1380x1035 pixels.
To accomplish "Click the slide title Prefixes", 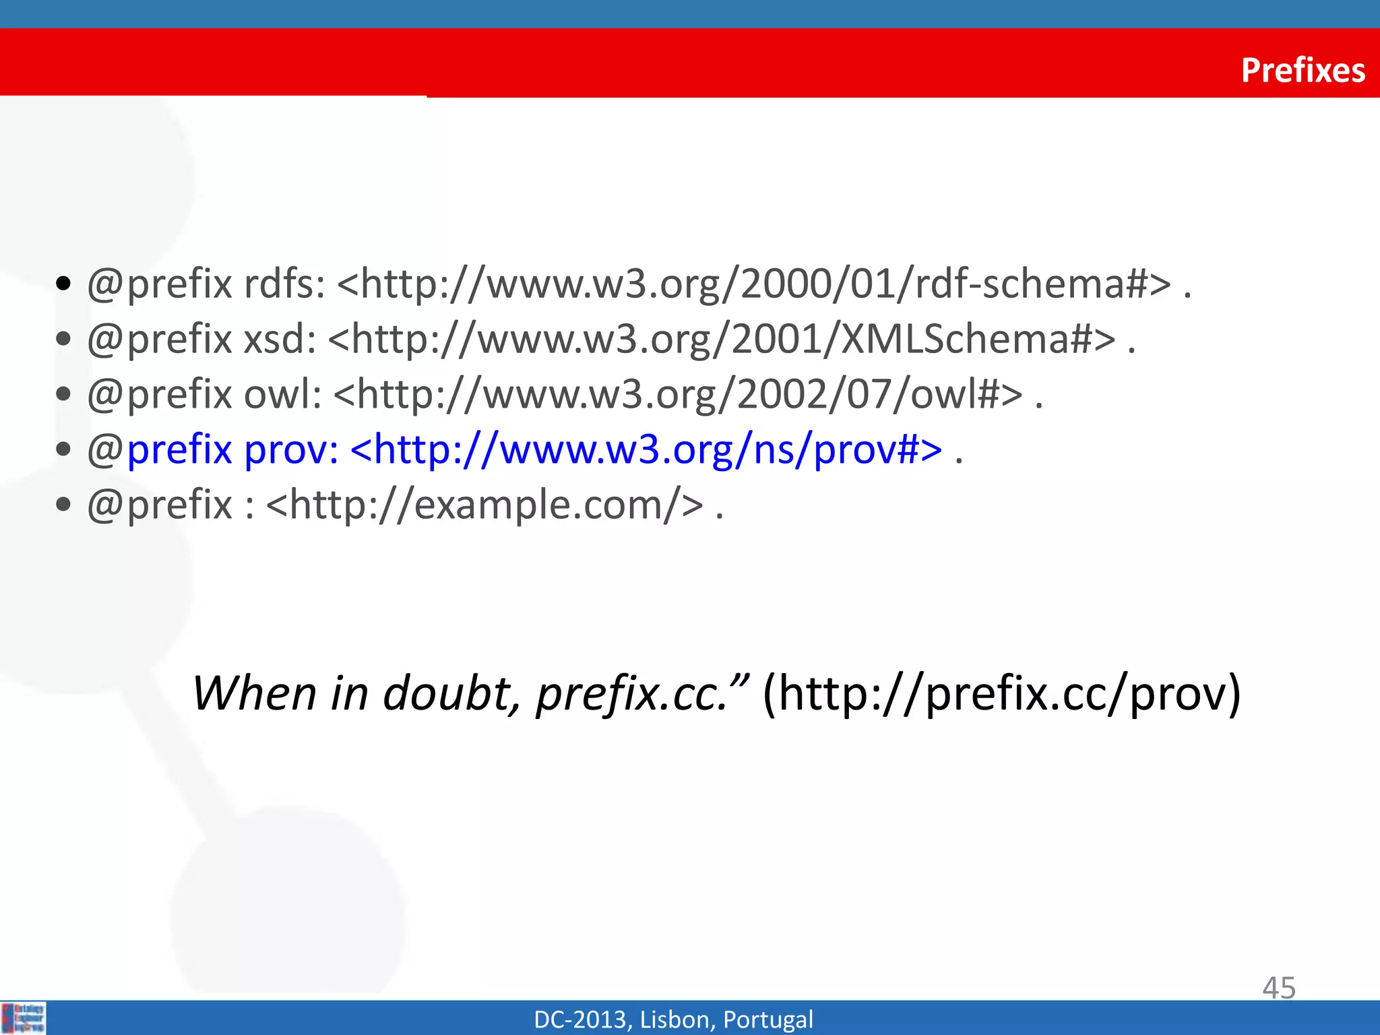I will pos(1303,70).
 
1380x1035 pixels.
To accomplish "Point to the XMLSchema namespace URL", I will pos(722,339).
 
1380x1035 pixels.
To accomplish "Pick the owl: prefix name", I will pos(282,394).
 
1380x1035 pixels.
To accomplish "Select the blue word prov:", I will pos(290,449).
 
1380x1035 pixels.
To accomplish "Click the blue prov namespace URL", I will pos(646,449).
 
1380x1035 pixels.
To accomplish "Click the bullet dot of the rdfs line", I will pos(64,284).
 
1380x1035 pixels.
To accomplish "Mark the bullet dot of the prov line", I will pos(64,449).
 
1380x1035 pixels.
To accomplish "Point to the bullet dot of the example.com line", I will pos(64,505).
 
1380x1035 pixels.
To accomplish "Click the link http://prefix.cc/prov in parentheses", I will pos(1001,695).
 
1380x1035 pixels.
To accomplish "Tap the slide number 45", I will pos(1278,988).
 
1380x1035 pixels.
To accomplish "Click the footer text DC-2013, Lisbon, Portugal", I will pos(673,1020).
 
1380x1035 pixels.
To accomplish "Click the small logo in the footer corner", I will pos(24,1017).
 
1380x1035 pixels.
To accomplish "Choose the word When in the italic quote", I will pos(255,693).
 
